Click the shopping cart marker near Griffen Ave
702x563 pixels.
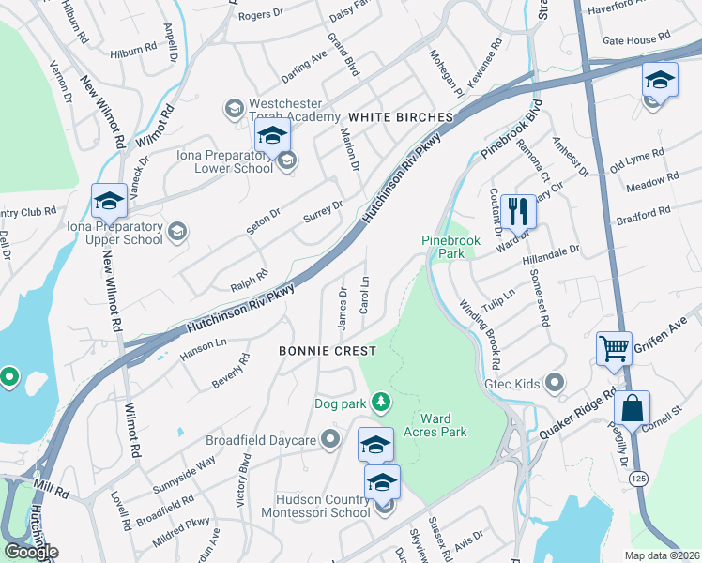coord(614,348)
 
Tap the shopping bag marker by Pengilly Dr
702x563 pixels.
coord(633,408)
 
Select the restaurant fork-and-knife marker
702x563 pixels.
coord(518,211)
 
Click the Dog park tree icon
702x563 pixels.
coord(380,403)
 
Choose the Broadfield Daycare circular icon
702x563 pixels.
coord(329,439)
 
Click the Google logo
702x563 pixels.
coord(31,552)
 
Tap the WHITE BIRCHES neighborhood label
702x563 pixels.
coord(401,117)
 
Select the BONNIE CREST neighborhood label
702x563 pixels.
coord(328,351)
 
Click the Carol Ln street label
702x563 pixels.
coord(364,296)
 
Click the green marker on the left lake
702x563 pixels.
coord(9,378)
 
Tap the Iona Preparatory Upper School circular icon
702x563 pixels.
coord(176,230)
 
